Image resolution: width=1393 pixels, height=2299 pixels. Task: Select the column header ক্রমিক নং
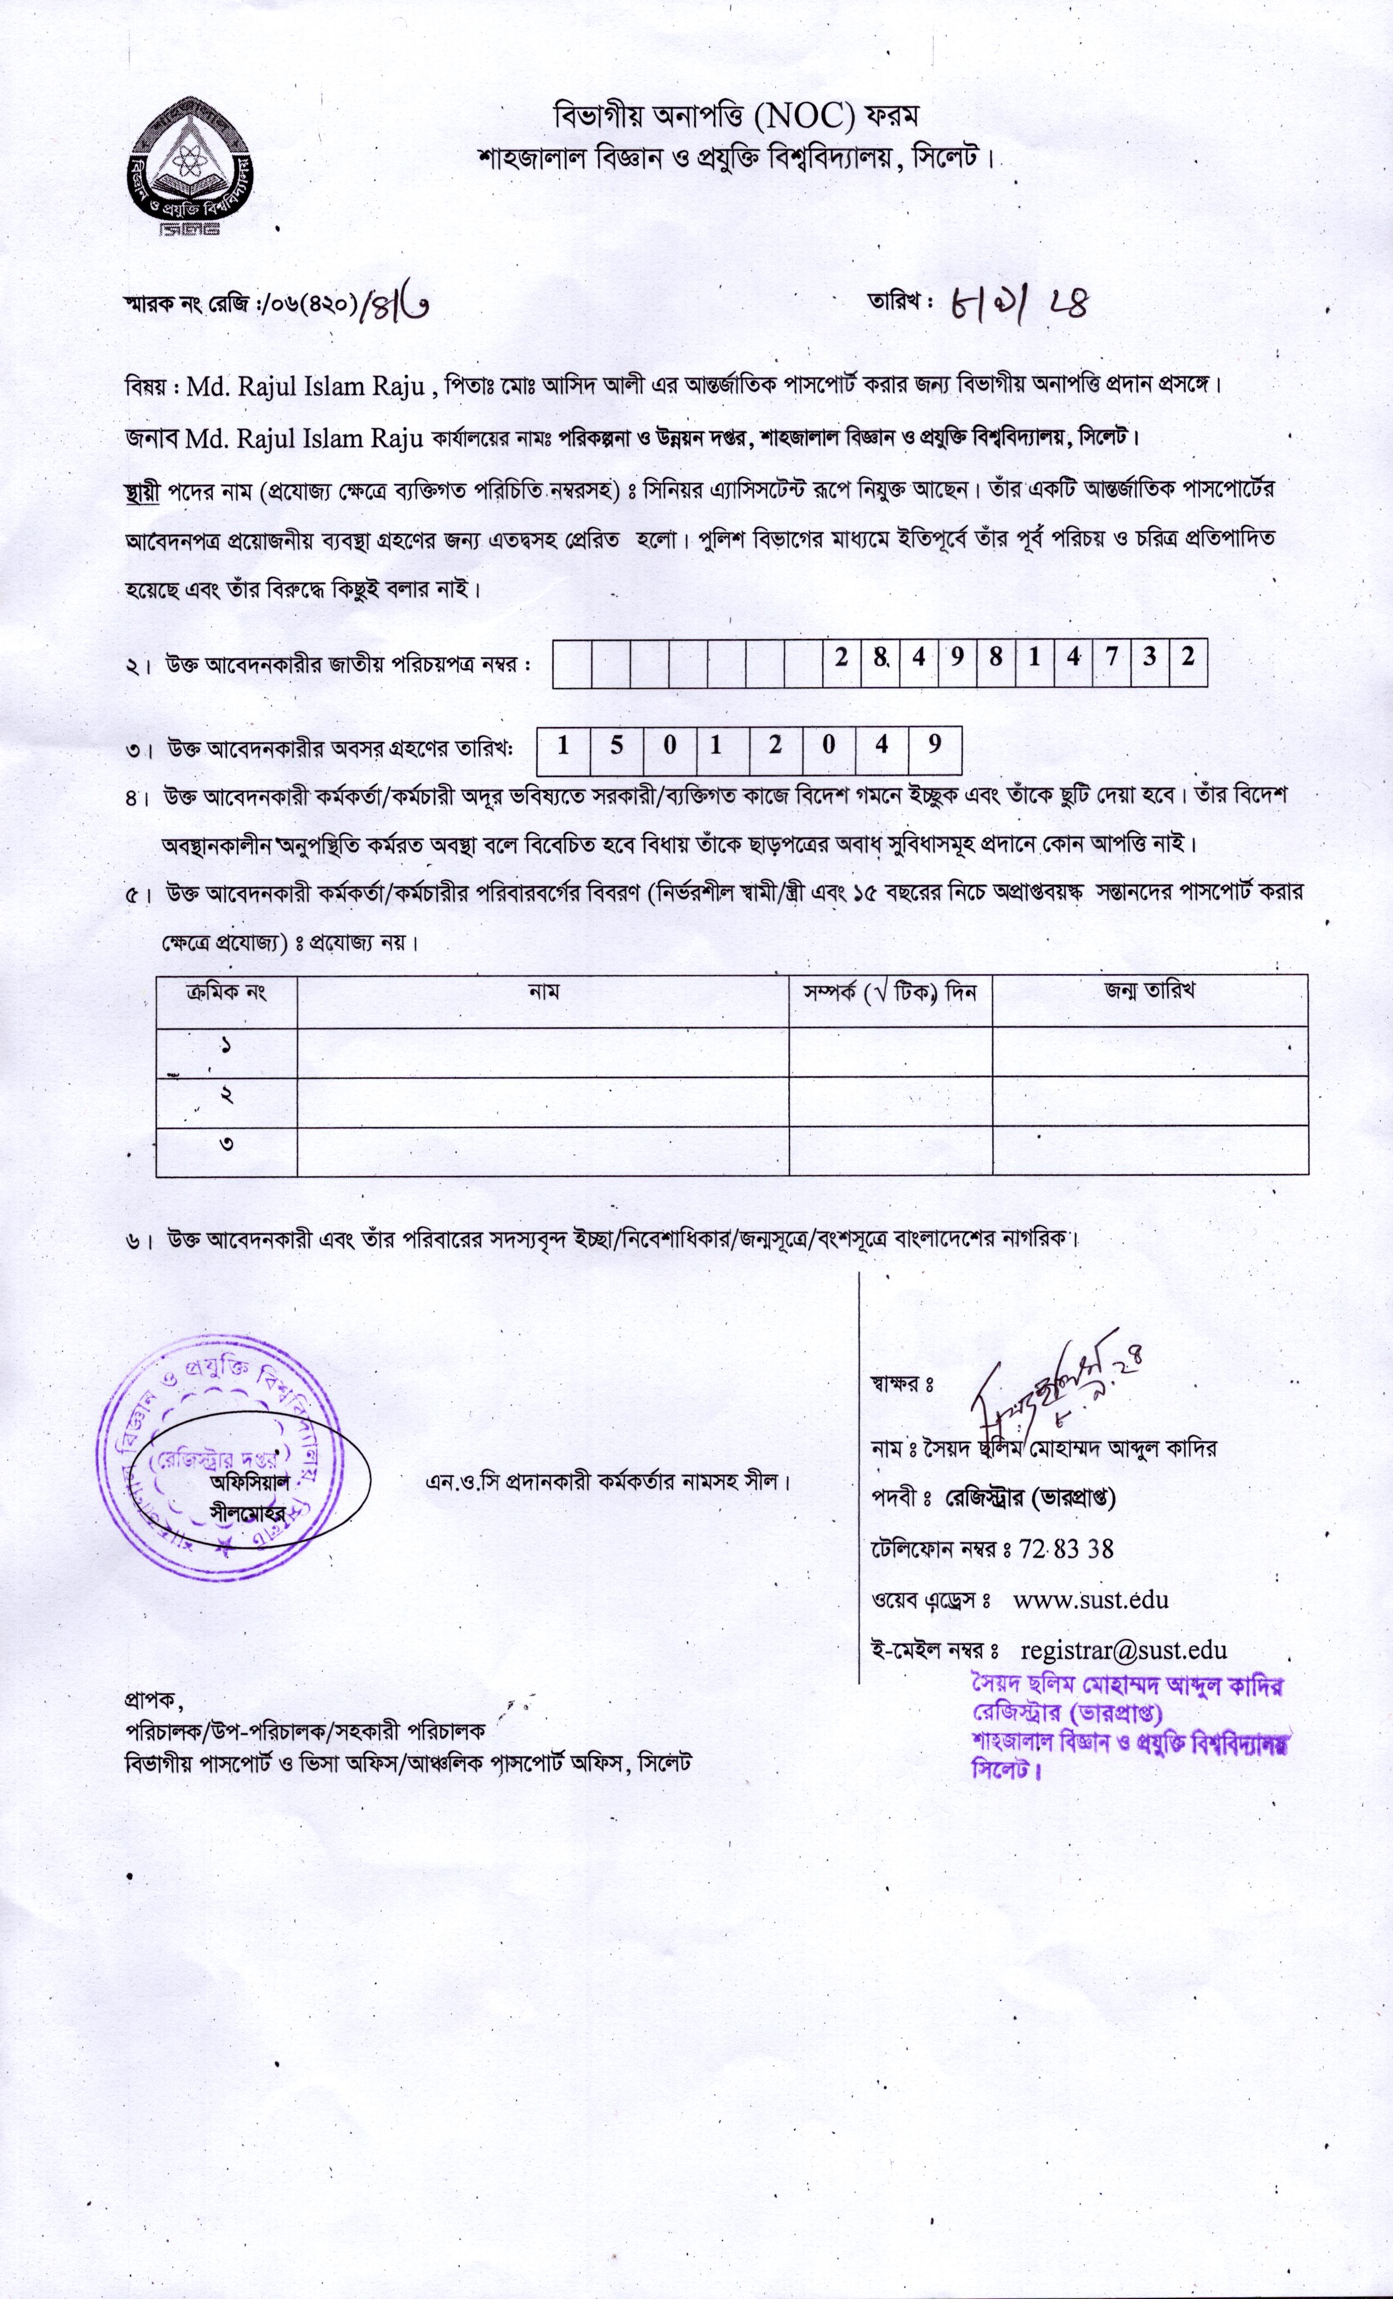click(227, 992)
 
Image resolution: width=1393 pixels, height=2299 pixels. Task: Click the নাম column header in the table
click(543, 992)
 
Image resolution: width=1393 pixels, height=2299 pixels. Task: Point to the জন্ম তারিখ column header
click(1150, 992)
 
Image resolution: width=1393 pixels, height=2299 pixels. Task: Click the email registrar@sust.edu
click(1123, 1649)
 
